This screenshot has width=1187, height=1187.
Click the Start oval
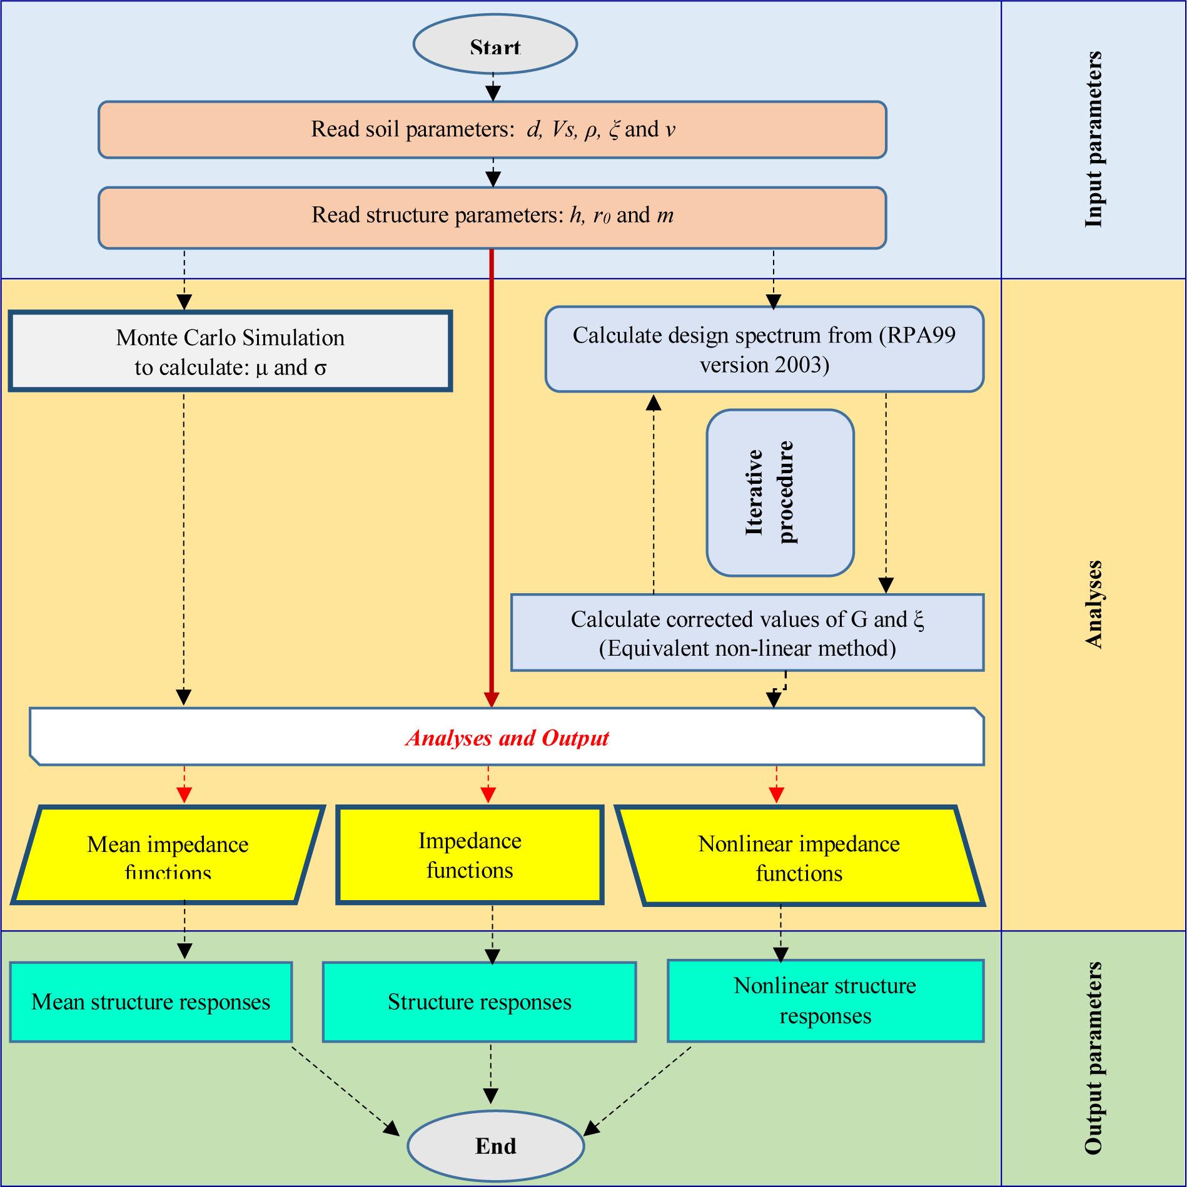click(495, 45)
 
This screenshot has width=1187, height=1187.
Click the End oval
click(495, 1145)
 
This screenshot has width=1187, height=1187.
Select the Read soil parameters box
click(492, 129)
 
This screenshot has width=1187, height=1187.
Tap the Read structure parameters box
click(492, 216)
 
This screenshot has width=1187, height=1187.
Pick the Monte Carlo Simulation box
click(230, 352)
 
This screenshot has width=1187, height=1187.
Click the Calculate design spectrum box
click(764, 349)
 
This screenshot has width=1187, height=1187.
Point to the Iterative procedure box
click(780, 493)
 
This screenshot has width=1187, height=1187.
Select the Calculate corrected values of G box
click(747, 633)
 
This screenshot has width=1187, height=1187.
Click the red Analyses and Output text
click(507, 738)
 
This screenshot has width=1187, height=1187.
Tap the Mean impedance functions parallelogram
click(168, 855)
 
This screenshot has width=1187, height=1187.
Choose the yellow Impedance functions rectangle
click(470, 855)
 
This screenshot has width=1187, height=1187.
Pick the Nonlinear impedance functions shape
click(799, 856)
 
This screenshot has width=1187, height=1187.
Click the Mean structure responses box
click(151, 1002)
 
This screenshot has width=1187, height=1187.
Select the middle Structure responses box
click(479, 1002)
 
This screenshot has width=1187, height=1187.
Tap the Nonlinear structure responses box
click(825, 1001)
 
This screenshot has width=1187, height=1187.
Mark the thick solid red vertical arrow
click(492, 475)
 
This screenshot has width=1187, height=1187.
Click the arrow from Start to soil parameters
click(494, 86)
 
